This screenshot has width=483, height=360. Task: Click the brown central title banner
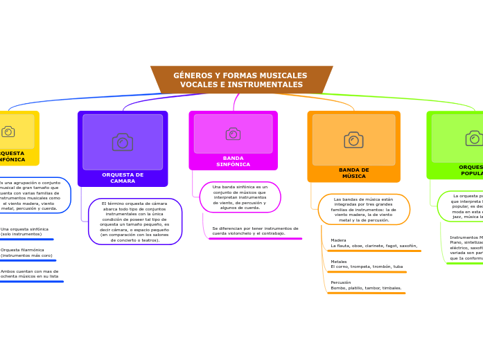(241, 80)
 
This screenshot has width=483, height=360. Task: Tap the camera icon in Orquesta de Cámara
(123, 142)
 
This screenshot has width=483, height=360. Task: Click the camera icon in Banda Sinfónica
(233, 134)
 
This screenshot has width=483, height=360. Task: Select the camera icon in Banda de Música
(353, 140)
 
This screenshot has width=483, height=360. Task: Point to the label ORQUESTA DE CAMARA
(123, 178)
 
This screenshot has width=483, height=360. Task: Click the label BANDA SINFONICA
(233, 161)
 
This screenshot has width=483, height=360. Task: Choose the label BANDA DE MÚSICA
(353, 173)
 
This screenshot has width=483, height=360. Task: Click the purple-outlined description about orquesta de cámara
(134, 222)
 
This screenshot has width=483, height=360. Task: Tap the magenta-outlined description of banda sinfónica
(240, 197)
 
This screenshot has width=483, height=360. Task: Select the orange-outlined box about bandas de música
(363, 209)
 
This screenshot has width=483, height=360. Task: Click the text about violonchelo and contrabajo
(255, 231)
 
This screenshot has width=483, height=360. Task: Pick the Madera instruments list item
(374, 243)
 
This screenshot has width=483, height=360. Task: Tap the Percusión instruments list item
(366, 285)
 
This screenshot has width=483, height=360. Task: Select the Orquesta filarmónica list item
(26, 253)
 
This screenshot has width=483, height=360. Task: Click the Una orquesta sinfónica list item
(24, 231)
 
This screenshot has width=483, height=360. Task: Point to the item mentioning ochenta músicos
(29, 273)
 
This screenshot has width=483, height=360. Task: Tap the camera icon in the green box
(474, 138)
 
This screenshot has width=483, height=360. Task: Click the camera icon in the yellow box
(8, 132)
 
